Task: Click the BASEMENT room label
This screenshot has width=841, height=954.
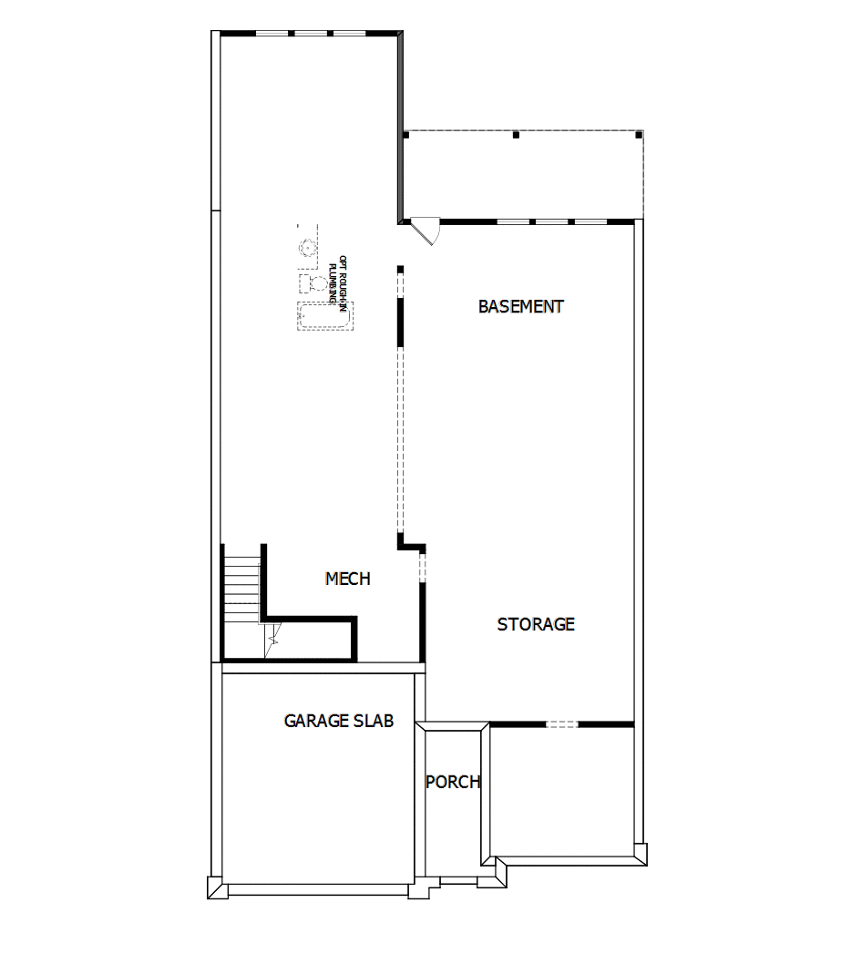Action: click(x=520, y=307)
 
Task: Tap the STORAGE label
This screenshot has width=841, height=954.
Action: click(x=536, y=624)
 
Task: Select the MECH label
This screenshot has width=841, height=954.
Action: click(x=348, y=579)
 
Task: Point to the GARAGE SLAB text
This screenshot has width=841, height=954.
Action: click(x=339, y=721)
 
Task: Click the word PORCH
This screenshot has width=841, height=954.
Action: click(x=453, y=782)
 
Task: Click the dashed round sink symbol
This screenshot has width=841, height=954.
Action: click(x=308, y=246)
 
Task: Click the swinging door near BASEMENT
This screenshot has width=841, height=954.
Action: click(x=425, y=229)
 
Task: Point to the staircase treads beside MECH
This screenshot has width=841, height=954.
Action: click(x=242, y=579)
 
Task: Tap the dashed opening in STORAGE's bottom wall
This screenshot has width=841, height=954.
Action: click(x=562, y=724)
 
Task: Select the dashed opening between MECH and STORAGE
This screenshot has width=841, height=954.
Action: click(x=422, y=567)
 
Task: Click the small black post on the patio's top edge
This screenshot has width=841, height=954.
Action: click(x=516, y=135)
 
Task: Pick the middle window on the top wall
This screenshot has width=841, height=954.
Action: click(x=311, y=34)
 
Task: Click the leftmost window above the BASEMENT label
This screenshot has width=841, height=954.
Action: click(x=512, y=221)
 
